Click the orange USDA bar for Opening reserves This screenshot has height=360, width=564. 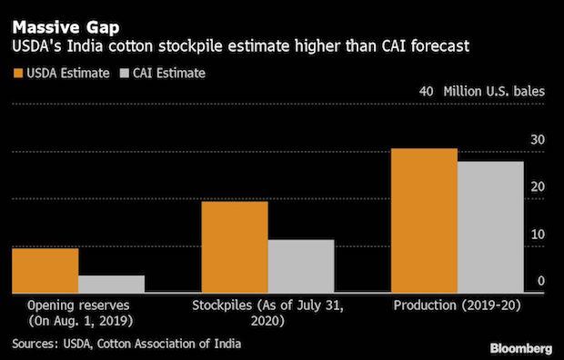tap(45, 270)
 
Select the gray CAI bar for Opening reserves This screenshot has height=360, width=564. tap(111, 284)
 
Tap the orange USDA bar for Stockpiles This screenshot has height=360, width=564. tap(234, 246)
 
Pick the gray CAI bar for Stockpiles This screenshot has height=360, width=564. tap(300, 265)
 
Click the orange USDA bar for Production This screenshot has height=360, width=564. tap(423, 220)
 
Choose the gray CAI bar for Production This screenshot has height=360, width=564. tap(489, 226)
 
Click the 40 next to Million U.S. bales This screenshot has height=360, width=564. tap(426, 92)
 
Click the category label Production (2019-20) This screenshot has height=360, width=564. tap(456, 305)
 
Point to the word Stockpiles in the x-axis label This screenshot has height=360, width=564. tap(224, 305)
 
